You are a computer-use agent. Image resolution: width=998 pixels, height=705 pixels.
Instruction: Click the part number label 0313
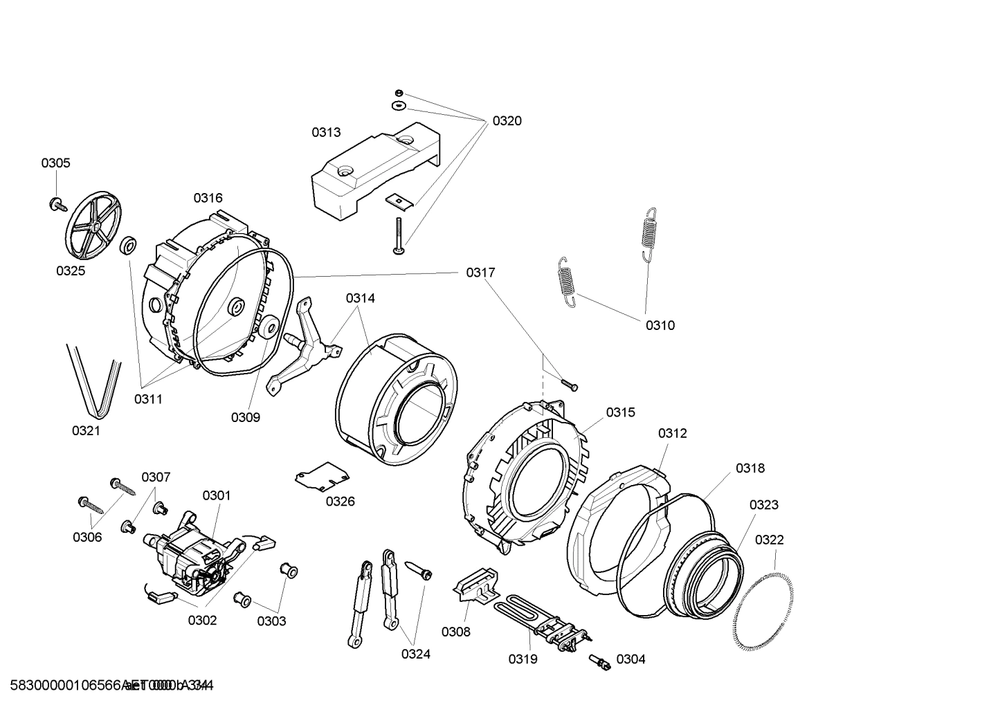[325, 132]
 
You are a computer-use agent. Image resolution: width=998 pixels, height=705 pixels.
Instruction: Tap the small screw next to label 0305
[56, 204]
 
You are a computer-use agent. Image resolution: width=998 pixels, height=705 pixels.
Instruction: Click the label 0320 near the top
[507, 121]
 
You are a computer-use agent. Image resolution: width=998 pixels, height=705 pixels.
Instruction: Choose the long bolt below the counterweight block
[399, 235]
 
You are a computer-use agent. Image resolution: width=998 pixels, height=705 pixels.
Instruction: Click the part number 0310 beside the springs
[660, 325]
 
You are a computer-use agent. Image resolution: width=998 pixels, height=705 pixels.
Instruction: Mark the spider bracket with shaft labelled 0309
[305, 346]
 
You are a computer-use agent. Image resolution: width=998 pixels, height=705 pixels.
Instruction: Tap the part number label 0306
[87, 537]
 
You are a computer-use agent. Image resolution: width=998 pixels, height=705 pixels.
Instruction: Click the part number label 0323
[763, 505]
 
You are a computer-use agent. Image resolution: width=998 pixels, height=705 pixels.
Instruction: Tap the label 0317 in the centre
[480, 273]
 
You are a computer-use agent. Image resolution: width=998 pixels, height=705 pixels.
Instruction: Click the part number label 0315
[620, 412]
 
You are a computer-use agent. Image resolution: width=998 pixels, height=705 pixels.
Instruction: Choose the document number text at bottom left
[107, 686]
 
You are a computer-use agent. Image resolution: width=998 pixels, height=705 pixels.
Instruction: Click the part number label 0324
[415, 654]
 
